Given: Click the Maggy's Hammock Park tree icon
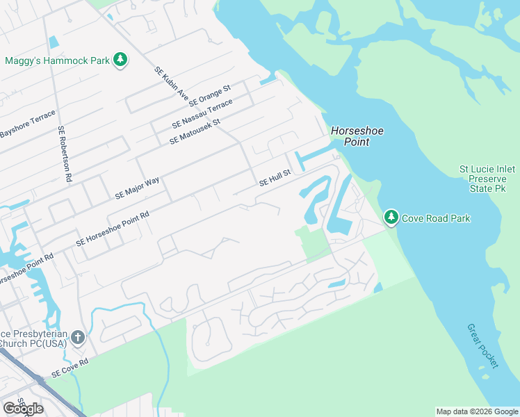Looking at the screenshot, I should pyautogui.click(x=121, y=60).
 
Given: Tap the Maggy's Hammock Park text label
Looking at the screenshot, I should pyautogui.click(x=57, y=60).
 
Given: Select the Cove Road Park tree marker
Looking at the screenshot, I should pyautogui.click(x=391, y=218).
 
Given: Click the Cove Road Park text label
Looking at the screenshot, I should pyautogui.click(x=436, y=218).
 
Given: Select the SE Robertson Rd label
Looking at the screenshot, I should pyautogui.click(x=65, y=154).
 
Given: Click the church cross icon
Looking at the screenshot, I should pyautogui.click(x=79, y=338).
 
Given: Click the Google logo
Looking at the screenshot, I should pyautogui.click(x=23, y=408).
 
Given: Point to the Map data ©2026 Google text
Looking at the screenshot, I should pyautogui.click(x=477, y=411).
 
